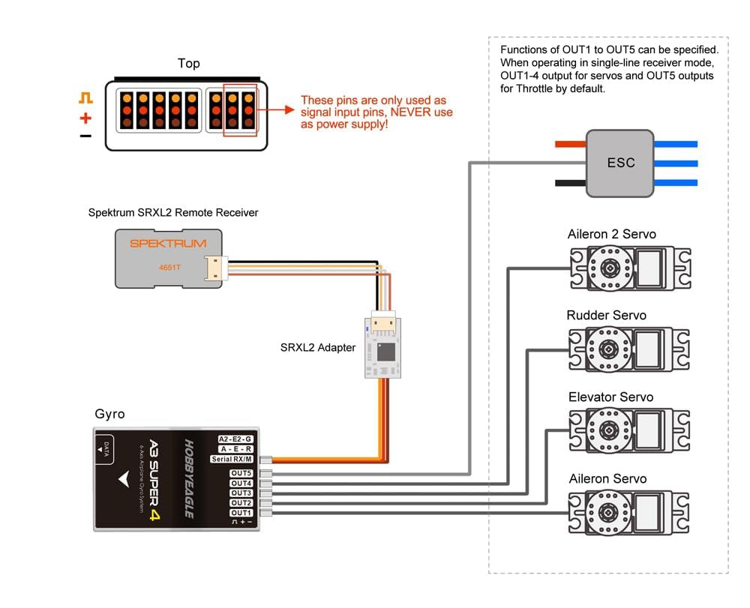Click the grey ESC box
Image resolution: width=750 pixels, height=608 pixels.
[620, 163]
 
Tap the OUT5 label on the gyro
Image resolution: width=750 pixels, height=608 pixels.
[241, 473]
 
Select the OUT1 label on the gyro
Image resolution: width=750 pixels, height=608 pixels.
[241, 513]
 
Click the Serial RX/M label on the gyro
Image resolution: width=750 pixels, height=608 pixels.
[232, 460]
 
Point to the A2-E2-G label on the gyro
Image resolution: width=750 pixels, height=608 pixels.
[235, 439]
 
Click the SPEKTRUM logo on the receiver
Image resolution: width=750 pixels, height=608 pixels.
[168, 244]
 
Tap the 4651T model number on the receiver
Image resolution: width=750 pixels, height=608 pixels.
[169, 268]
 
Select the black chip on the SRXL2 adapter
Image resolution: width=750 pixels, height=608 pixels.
[386, 352]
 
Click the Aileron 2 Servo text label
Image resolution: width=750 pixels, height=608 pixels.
[611, 234]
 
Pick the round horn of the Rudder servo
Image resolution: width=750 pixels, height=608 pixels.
[608, 349]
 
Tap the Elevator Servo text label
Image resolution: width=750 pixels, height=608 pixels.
[610, 397]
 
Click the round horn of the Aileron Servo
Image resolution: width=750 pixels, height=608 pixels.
[608, 513]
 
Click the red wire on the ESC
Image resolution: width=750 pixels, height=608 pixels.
[571, 144]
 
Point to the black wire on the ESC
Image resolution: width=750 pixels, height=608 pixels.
[571, 183]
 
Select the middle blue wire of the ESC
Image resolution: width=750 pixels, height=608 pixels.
[676, 163]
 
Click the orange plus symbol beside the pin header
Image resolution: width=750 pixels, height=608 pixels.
[85, 118]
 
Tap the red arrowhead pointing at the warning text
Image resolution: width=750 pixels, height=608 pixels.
[289, 109]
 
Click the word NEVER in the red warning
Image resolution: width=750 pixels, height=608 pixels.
[408, 112]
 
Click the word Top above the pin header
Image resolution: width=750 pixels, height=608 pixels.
[189, 64]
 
